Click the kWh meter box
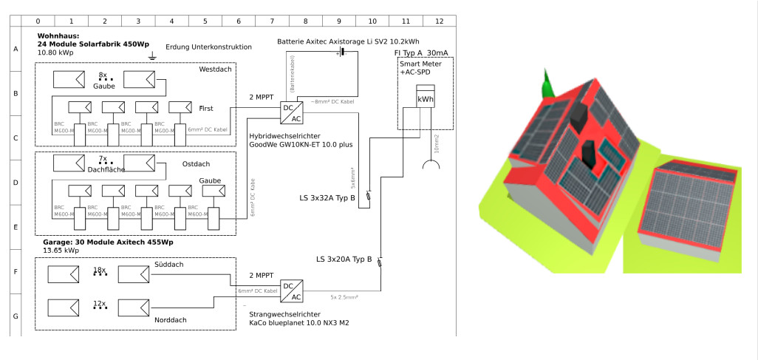426,99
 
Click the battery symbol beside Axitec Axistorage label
341,54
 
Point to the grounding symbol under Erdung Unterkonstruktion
152,56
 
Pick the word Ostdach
197,163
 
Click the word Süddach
170,265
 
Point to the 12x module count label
100,304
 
